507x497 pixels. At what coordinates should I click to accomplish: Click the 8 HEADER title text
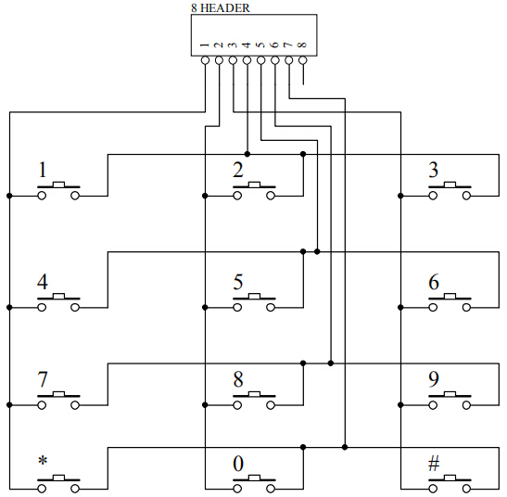tap(221, 8)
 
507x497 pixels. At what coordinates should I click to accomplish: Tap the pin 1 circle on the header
tap(206, 60)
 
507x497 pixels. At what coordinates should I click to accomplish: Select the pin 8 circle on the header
tap(303, 60)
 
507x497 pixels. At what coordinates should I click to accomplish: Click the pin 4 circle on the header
tap(247, 60)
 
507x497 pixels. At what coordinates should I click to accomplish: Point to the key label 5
tap(238, 282)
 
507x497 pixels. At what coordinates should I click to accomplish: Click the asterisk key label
tap(43, 461)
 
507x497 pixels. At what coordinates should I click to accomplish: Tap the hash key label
tap(434, 464)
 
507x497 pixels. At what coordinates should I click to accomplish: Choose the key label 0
tap(238, 464)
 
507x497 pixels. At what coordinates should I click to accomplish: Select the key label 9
tap(434, 379)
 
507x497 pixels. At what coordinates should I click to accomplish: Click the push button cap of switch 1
tap(58, 185)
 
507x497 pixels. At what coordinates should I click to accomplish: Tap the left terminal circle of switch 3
tap(433, 196)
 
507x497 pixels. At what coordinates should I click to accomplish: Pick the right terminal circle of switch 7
tap(75, 405)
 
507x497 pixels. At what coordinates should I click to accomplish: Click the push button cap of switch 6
tap(450, 296)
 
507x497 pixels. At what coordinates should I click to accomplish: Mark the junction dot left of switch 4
tap(9, 308)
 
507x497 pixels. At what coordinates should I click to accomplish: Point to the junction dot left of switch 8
tap(205, 405)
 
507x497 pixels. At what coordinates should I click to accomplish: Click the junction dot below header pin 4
tap(247, 154)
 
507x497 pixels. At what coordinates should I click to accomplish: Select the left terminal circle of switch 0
tap(237, 489)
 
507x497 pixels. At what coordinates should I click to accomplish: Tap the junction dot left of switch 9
tap(400, 405)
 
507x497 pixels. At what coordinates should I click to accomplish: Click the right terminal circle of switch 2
tap(271, 196)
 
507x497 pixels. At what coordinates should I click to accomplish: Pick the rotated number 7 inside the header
tap(287, 45)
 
